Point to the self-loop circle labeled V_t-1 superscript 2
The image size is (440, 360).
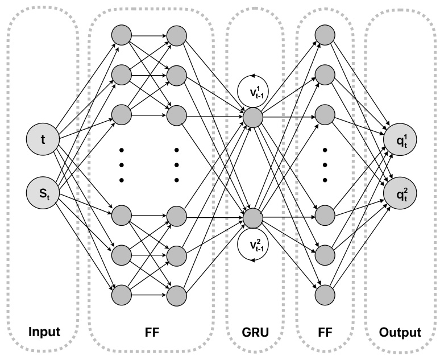(x=253, y=246)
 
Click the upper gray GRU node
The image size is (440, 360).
(x=253, y=117)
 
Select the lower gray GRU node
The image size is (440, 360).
(x=253, y=218)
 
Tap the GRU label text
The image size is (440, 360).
(x=253, y=332)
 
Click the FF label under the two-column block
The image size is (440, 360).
(x=150, y=332)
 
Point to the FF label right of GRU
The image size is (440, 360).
(x=325, y=332)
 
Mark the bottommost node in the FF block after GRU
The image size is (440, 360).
(x=325, y=294)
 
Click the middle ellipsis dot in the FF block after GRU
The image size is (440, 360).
(x=325, y=165)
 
